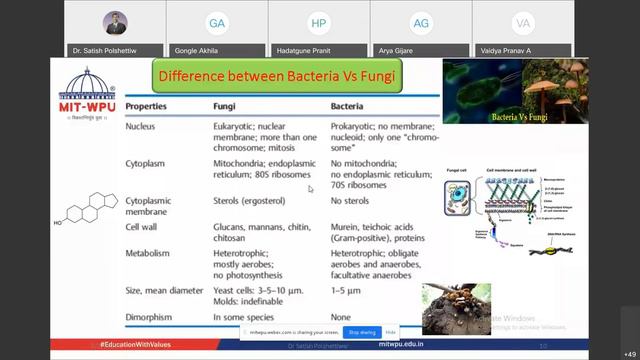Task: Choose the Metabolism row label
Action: click(151, 254)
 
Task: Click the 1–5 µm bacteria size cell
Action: click(346, 290)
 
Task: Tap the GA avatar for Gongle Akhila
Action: click(216, 23)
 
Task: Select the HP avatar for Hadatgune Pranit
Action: click(319, 23)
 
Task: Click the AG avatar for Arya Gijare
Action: click(421, 23)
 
